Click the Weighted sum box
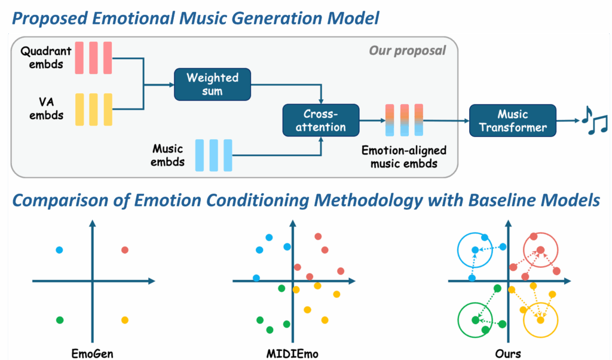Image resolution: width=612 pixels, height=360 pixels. [212, 84]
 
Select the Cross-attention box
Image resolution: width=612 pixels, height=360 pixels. [321, 120]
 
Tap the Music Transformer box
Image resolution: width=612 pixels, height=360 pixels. [512, 120]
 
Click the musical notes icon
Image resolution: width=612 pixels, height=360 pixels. [594, 121]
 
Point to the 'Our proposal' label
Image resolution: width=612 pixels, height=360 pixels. [407, 50]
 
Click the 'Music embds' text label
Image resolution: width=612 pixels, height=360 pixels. [167, 155]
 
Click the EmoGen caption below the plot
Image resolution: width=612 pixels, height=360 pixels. [93, 353]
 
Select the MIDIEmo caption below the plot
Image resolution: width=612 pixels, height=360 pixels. [292, 353]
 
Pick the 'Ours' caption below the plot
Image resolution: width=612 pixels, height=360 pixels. [507, 353]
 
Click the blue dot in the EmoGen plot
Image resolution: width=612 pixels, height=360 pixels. [59, 250]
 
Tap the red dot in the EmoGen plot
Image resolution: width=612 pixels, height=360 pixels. [124, 250]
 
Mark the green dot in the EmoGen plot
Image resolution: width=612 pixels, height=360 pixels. [59, 320]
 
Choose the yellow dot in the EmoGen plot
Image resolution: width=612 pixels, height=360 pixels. [124, 320]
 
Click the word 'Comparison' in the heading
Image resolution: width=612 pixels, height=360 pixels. [60, 200]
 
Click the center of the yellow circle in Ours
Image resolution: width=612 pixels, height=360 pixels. [540, 320]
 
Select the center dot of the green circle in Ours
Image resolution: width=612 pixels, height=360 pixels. [475, 320]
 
